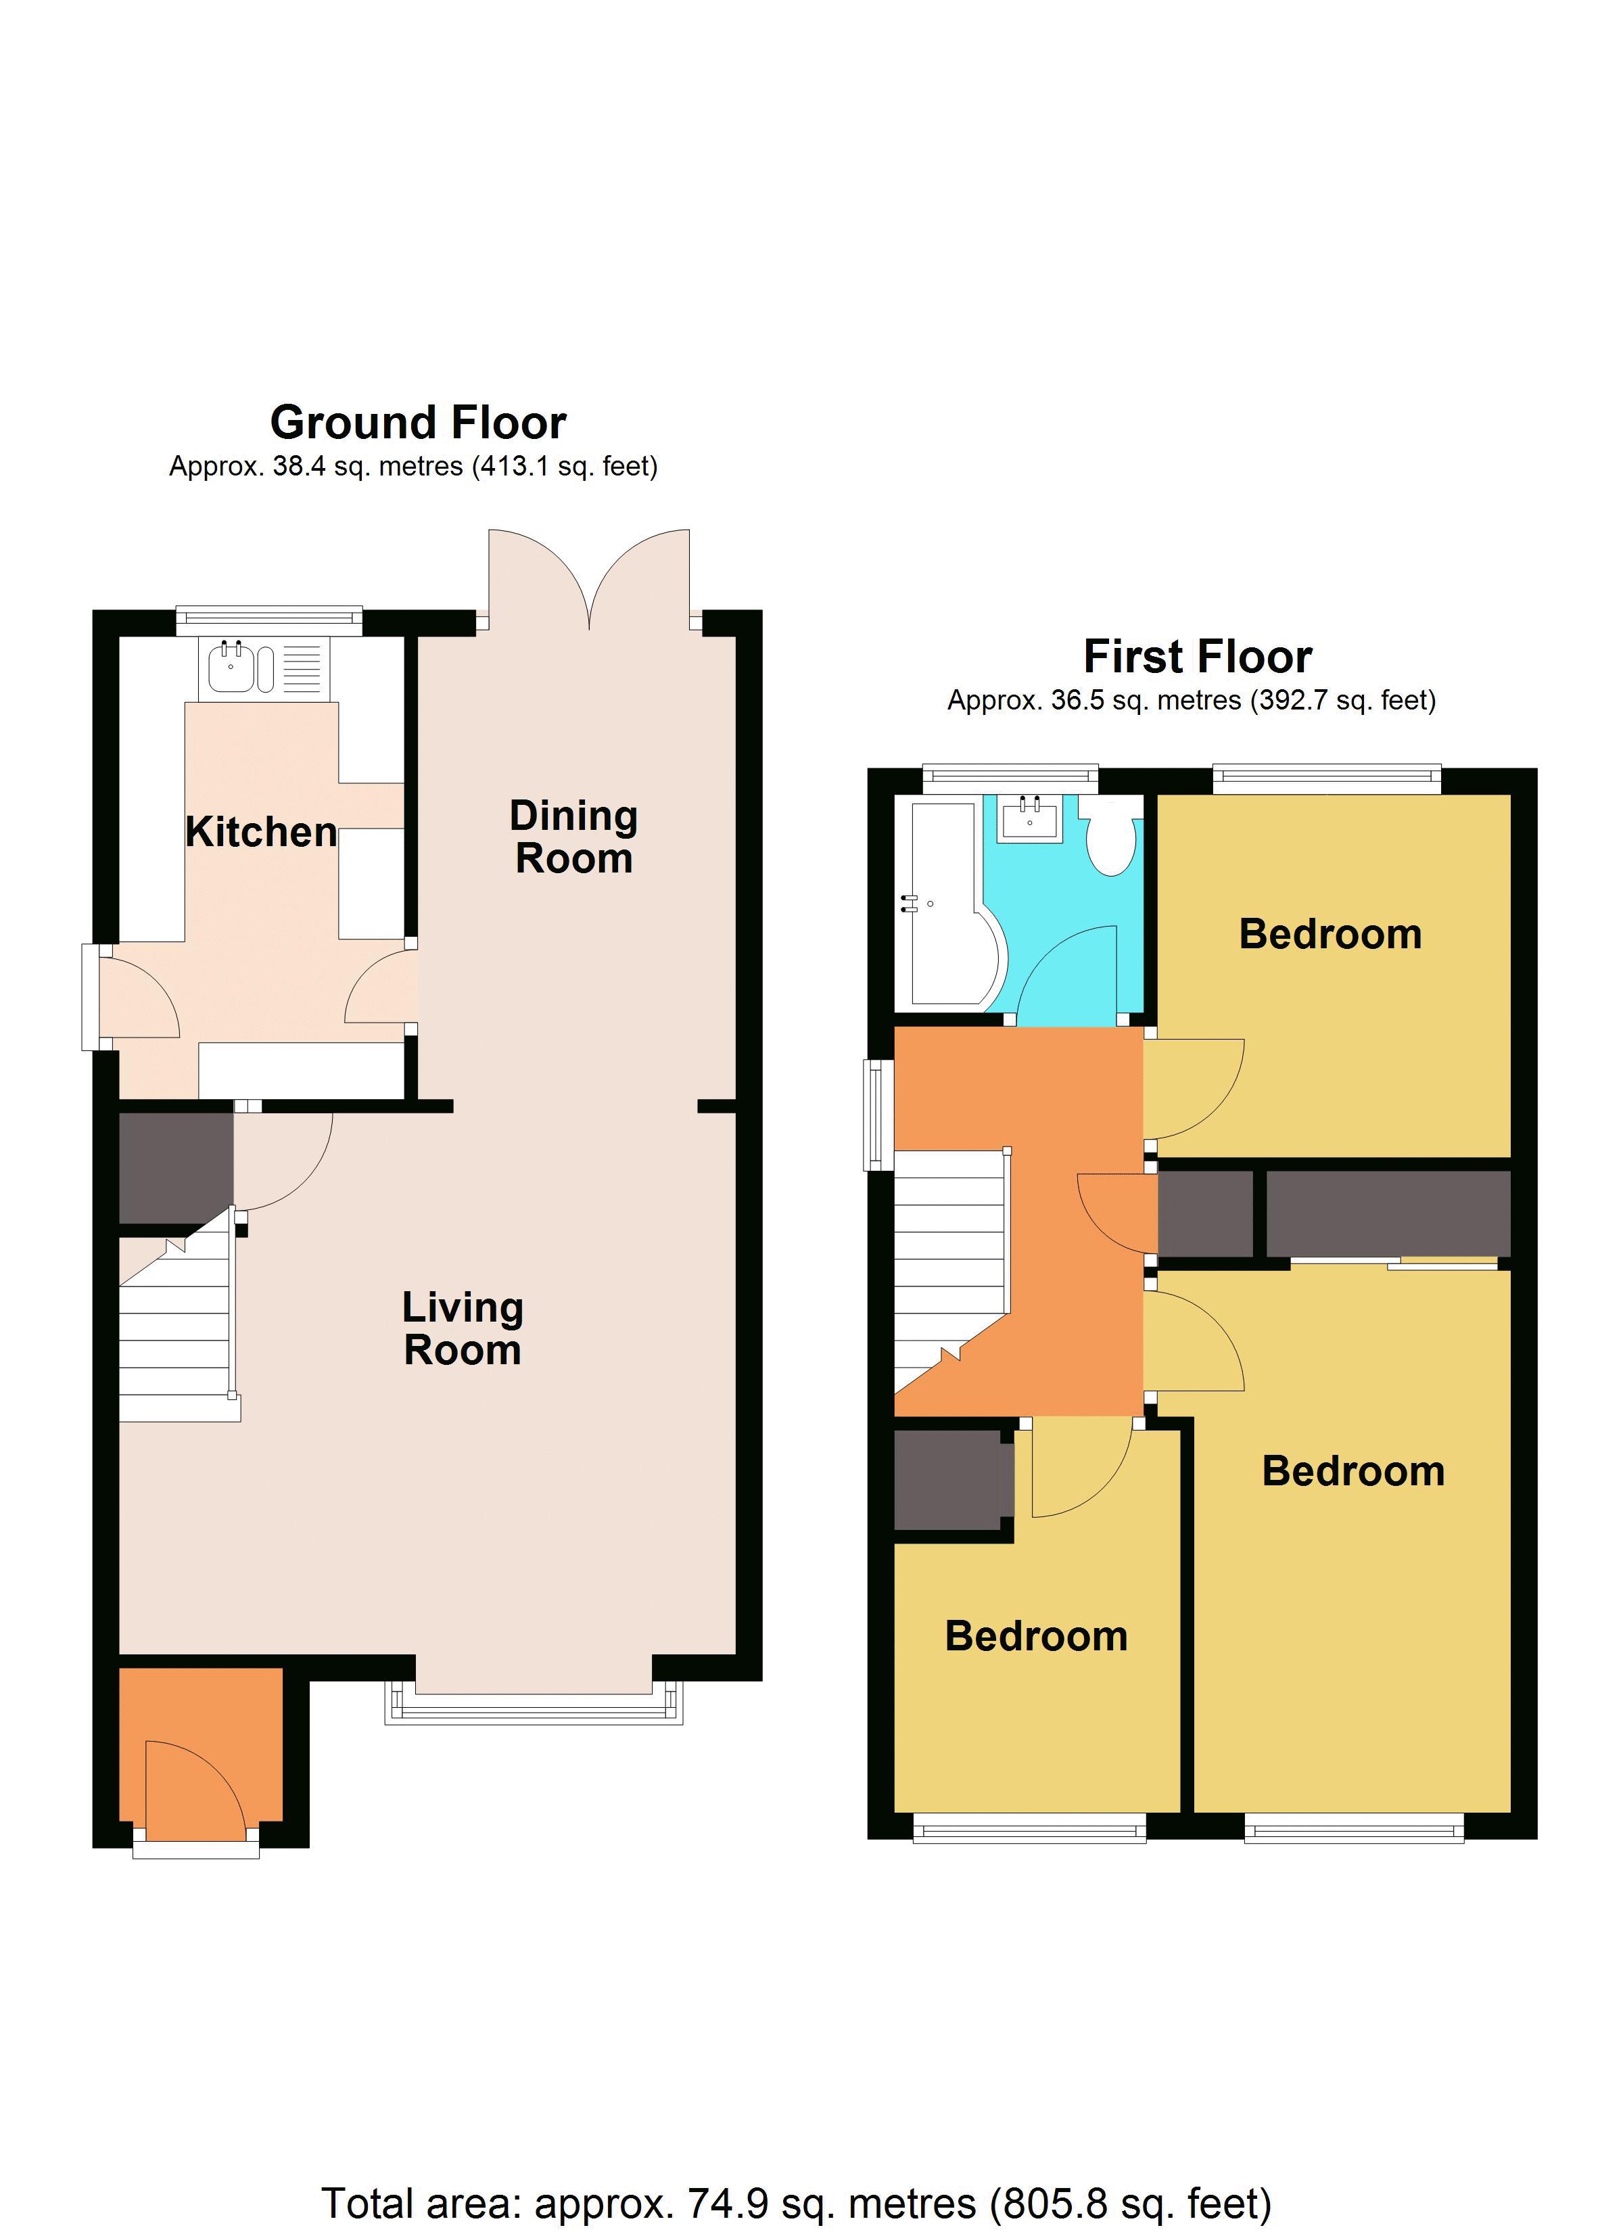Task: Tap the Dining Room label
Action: [574, 837]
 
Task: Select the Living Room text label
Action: [463, 1328]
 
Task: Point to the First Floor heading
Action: [1197, 657]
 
